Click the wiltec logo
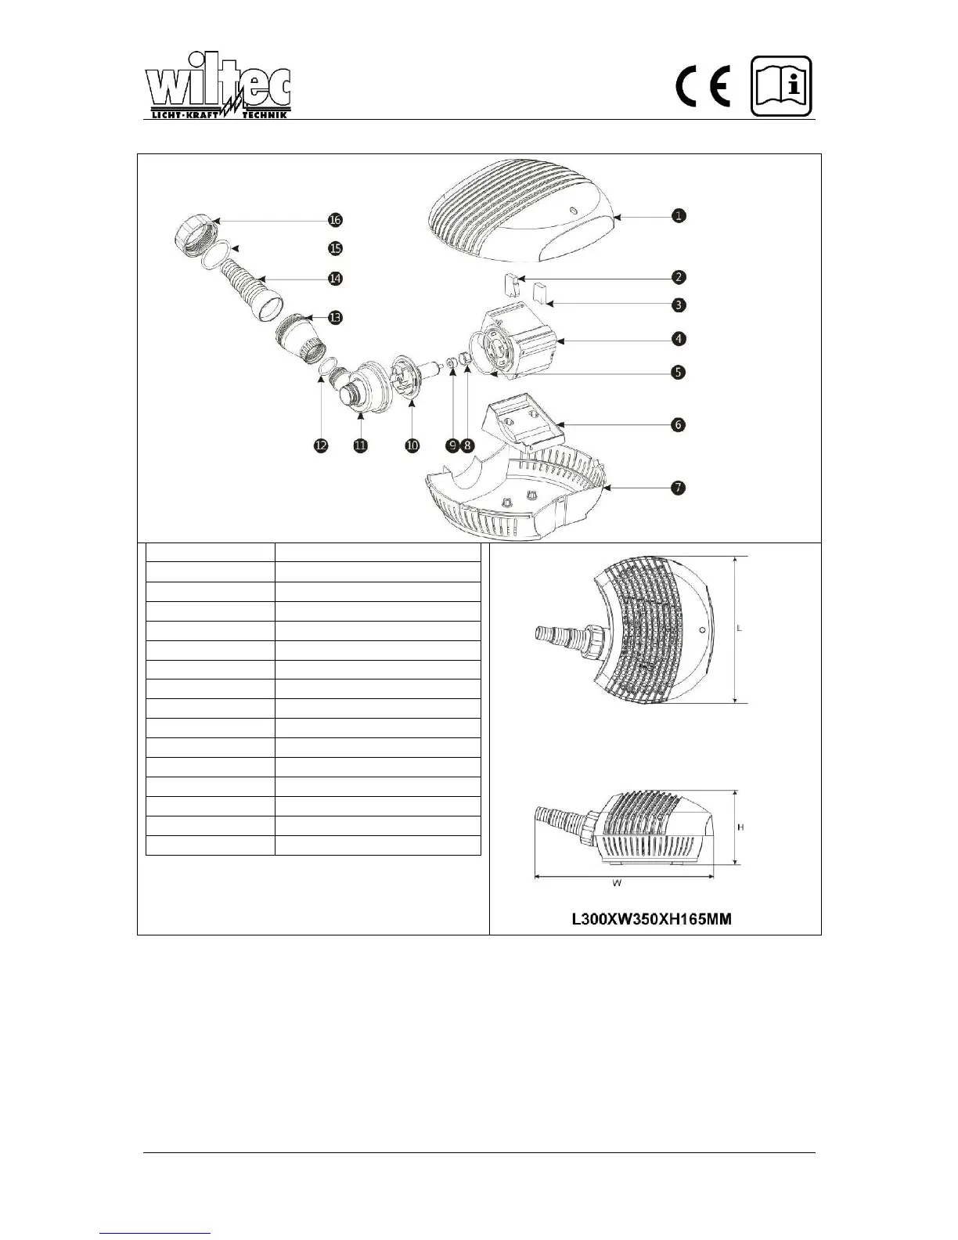pyautogui.click(x=218, y=92)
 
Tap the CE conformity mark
pyautogui.click(x=704, y=87)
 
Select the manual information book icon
pyautogui.click(x=782, y=86)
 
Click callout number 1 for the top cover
pyautogui.click(x=679, y=215)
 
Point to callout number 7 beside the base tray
pyautogui.click(x=679, y=488)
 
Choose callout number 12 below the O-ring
pyautogui.click(x=321, y=445)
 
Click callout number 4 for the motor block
pyautogui.click(x=679, y=339)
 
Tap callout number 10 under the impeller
pyautogui.click(x=412, y=445)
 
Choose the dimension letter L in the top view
pyautogui.click(x=740, y=629)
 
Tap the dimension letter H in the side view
pyautogui.click(x=740, y=827)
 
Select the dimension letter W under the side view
pyautogui.click(x=618, y=884)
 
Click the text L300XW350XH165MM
pyautogui.click(x=652, y=919)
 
